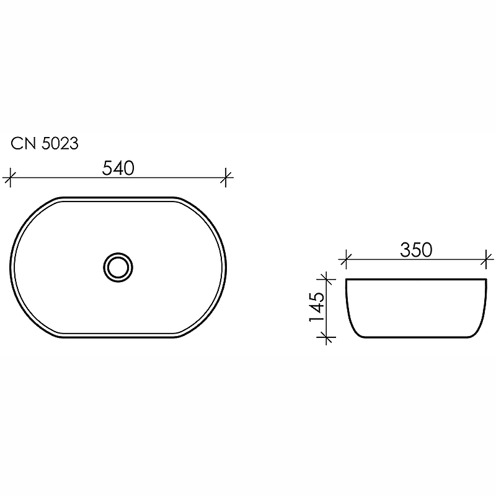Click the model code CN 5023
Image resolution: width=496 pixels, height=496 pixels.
(x=44, y=144)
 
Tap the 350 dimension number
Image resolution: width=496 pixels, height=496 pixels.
(x=415, y=250)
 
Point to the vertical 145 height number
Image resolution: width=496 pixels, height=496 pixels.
(x=316, y=306)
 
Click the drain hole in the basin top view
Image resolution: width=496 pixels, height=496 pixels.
(x=118, y=268)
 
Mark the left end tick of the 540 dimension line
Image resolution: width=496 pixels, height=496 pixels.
(x=8, y=178)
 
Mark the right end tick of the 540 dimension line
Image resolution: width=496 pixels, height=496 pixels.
(x=227, y=178)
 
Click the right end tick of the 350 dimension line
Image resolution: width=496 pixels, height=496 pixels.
(x=487, y=259)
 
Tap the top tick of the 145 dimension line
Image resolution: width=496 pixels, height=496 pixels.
(x=326, y=279)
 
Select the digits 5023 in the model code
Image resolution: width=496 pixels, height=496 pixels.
(x=60, y=144)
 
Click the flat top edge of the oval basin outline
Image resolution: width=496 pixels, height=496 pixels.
(x=118, y=198)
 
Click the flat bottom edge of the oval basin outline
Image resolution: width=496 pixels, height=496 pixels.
(x=118, y=339)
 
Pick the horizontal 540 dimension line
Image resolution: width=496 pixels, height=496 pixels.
(x=62, y=178)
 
